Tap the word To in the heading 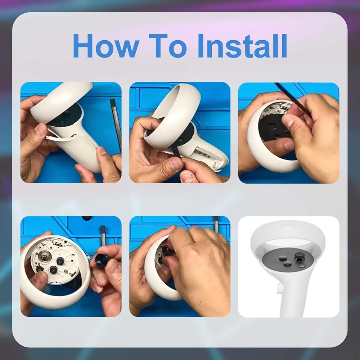[168, 46]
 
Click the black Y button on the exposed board [60, 261]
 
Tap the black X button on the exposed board [54, 270]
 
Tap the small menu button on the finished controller [302, 266]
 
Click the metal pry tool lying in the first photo [116, 126]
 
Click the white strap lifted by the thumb [60, 137]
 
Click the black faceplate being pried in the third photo [273, 127]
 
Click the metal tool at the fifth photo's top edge [216, 223]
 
